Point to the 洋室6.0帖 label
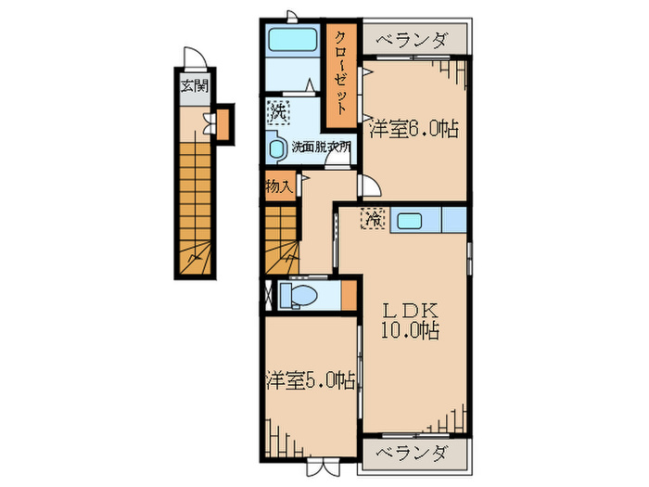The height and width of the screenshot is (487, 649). click(x=414, y=129)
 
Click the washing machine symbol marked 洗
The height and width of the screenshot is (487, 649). click(x=277, y=113)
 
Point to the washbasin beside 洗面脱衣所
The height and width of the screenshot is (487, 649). click(x=276, y=148)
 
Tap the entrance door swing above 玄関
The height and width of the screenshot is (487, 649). click(x=193, y=58)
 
